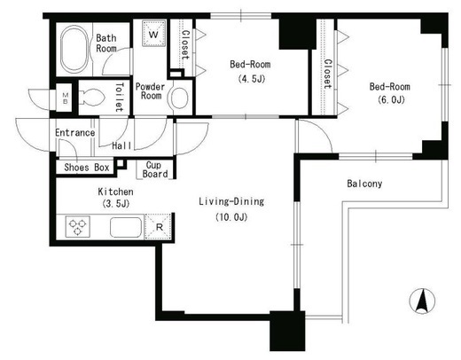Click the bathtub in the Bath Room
[74, 49]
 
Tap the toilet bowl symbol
[91, 98]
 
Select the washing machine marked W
[153, 34]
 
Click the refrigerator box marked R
[159, 227]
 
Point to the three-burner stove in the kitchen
[78, 227]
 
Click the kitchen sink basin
[126, 227]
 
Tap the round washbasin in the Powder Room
[179, 98]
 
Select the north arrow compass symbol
[422, 301]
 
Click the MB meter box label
[66, 98]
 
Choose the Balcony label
[364, 184]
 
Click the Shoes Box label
[87, 168]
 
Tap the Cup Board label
[154, 169]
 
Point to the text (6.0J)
[391, 100]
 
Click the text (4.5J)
[252, 79]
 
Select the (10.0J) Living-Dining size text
[231, 217]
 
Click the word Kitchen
[115, 192]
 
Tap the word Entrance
[75, 132]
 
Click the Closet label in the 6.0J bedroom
[327, 74]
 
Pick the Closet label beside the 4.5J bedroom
[185, 44]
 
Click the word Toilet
[119, 98]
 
